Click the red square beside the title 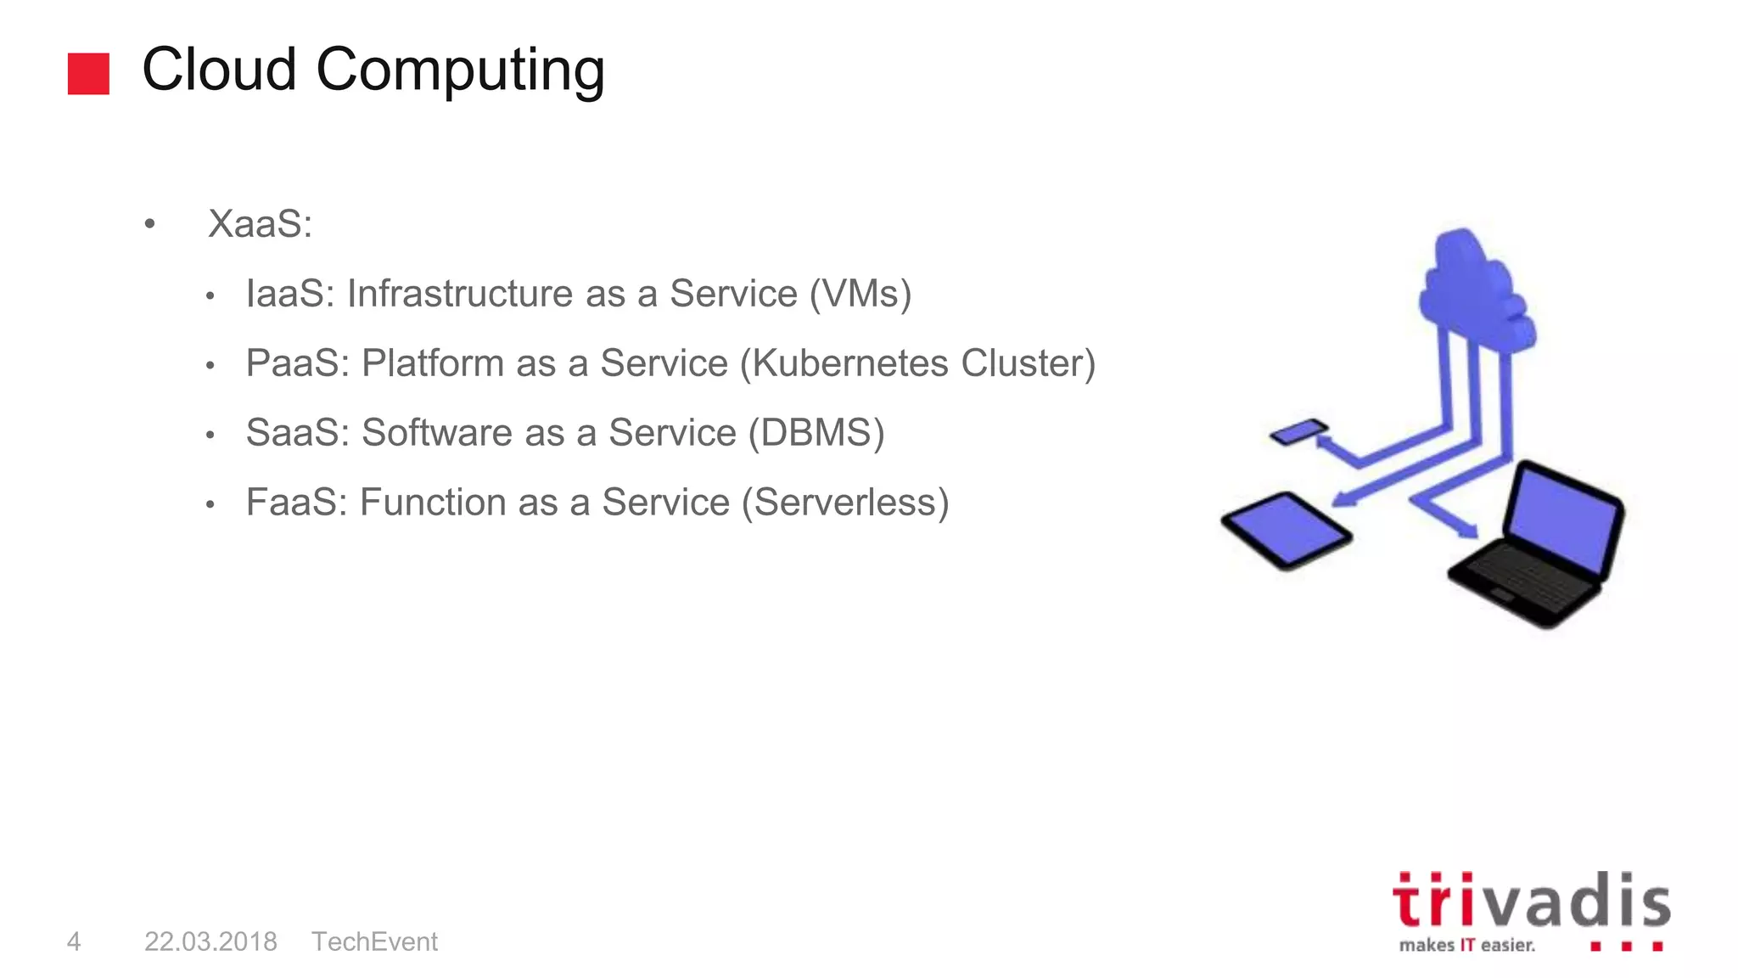(x=88, y=74)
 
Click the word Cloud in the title (x=219, y=70)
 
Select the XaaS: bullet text (x=260, y=224)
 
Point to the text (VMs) (x=860, y=294)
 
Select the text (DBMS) (x=816, y=433)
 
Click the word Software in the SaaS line (x=463, y=433)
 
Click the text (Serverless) (x=844, y=503)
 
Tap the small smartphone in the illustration (x=1298, y=431)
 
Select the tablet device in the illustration (x=1286, y=531)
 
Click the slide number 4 (x=74, y=941)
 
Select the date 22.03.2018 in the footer (x=210, y=941)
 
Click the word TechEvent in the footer (x=374, y=941)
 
